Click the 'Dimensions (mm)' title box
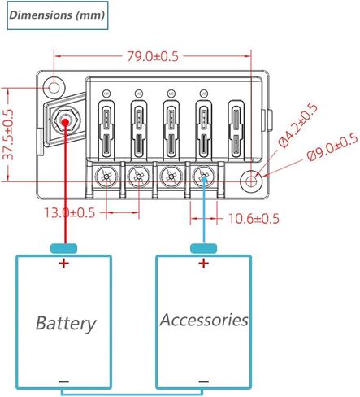click(58, 15)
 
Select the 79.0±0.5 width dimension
click(153, 56)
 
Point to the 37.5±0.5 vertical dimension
click(8, 135)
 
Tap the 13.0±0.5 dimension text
click(70, 213)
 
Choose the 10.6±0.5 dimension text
click(254, 219)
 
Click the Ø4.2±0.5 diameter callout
click(298, 125)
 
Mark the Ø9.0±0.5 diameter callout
click(332, 147)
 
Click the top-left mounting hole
click(54, 87)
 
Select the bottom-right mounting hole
click(251, 181)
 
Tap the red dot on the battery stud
click(65, 122)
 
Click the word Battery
click(66, 324)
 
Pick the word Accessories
click(204, 320)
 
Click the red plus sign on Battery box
click(64, 263)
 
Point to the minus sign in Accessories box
click(203, 382)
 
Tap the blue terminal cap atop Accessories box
click(203, 248)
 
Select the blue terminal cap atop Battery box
click(64, 248)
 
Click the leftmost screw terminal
click(106, 177)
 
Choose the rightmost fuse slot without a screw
click(236, 129)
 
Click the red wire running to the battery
click(65, 185)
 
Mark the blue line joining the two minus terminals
click(132, 393)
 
